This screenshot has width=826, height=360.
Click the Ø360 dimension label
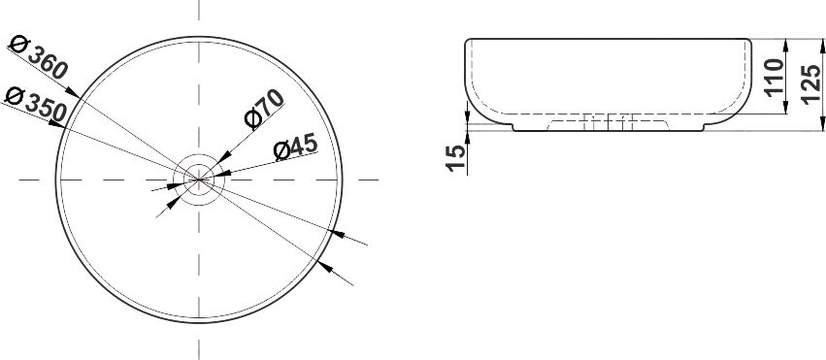click(39, 57)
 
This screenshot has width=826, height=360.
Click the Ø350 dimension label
click(36, 104)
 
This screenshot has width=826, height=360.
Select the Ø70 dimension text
click(264, 110)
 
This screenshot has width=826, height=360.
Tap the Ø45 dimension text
click(295, 147)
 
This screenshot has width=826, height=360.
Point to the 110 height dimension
click(775, 78)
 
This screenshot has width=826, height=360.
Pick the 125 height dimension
click(811, 84)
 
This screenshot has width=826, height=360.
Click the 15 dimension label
click(456, 158)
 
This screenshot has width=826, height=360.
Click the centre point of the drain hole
click(199, 180)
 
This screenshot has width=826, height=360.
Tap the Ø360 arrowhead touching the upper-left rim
click(73, 92)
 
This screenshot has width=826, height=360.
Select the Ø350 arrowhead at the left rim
click(56, 124)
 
